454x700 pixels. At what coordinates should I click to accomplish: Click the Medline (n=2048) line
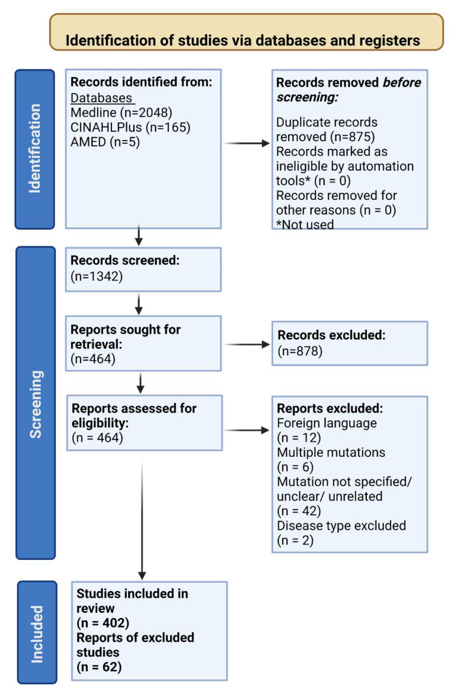pyautogui.click(x=122, y=113)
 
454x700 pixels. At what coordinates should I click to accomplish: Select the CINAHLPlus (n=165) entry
pyautogui.click(x=130, y=127)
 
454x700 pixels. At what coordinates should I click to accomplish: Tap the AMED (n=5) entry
pyautogui.click(x=105, y=142)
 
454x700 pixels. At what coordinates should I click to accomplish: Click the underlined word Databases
pyautogui.click(x=102, y=98)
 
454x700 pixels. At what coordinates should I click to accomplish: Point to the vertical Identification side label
pyautogui.click(x=35, y=149)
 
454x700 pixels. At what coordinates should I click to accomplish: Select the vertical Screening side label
pyautogui.click(x=36, y=404)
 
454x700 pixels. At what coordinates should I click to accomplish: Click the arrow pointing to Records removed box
pyautogui.click(x=248, y=144)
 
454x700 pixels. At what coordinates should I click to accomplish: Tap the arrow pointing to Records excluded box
pyautogui.click(x=248, y=344)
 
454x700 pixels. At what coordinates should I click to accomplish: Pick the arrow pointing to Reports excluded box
pyautogui.click(x=248, y=430)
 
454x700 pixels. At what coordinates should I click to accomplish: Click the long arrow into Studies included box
pyautogui.click(x=142, y=520)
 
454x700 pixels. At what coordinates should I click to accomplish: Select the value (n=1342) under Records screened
pyautogui.click(x=97, y=276)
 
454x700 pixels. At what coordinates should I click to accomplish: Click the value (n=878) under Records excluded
pyautogui.click(x=300, y=351)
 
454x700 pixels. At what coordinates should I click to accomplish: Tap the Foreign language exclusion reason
pyautogui.click(x=327, y=423)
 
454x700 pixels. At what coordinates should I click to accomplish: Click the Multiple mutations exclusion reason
pyautogui.click(x=331, y=452)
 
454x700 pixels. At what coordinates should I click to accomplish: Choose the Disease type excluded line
pyautogui.click(x=341, y=526)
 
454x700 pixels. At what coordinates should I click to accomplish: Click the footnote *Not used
pyautogui.click(x=305, y=224)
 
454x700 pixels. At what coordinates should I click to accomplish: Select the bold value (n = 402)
pyautogui.click(x=103, y=623)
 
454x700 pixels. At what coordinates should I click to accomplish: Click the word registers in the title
pyautogui.click(x=390, y=40)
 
